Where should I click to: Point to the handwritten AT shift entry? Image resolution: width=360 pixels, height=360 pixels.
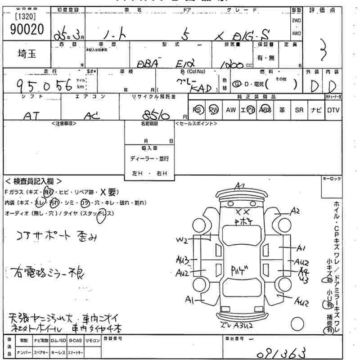pos(29,116)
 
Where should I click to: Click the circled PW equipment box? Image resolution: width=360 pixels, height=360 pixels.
pos(214,110)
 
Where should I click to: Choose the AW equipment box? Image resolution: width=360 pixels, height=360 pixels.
pos(231,110)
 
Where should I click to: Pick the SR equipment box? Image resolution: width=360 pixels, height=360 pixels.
pos(299,110)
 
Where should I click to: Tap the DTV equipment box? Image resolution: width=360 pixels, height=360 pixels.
pos(333,110)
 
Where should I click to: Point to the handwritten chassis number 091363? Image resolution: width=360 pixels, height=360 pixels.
pos(279,351)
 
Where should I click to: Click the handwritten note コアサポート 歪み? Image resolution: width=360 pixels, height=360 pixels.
pos(56,237)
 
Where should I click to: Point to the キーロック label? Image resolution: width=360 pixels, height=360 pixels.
pos(332,179)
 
